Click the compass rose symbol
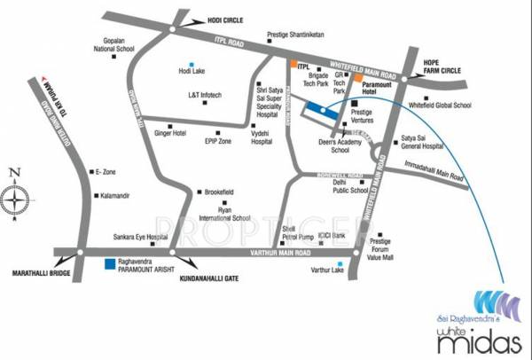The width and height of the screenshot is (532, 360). pyautogui.click(x=17, y=200)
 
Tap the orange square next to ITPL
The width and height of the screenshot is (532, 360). pyautogui.click(x=291, y=66)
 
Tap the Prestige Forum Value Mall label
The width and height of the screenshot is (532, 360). pyautogui.click(x=381, y=247)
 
